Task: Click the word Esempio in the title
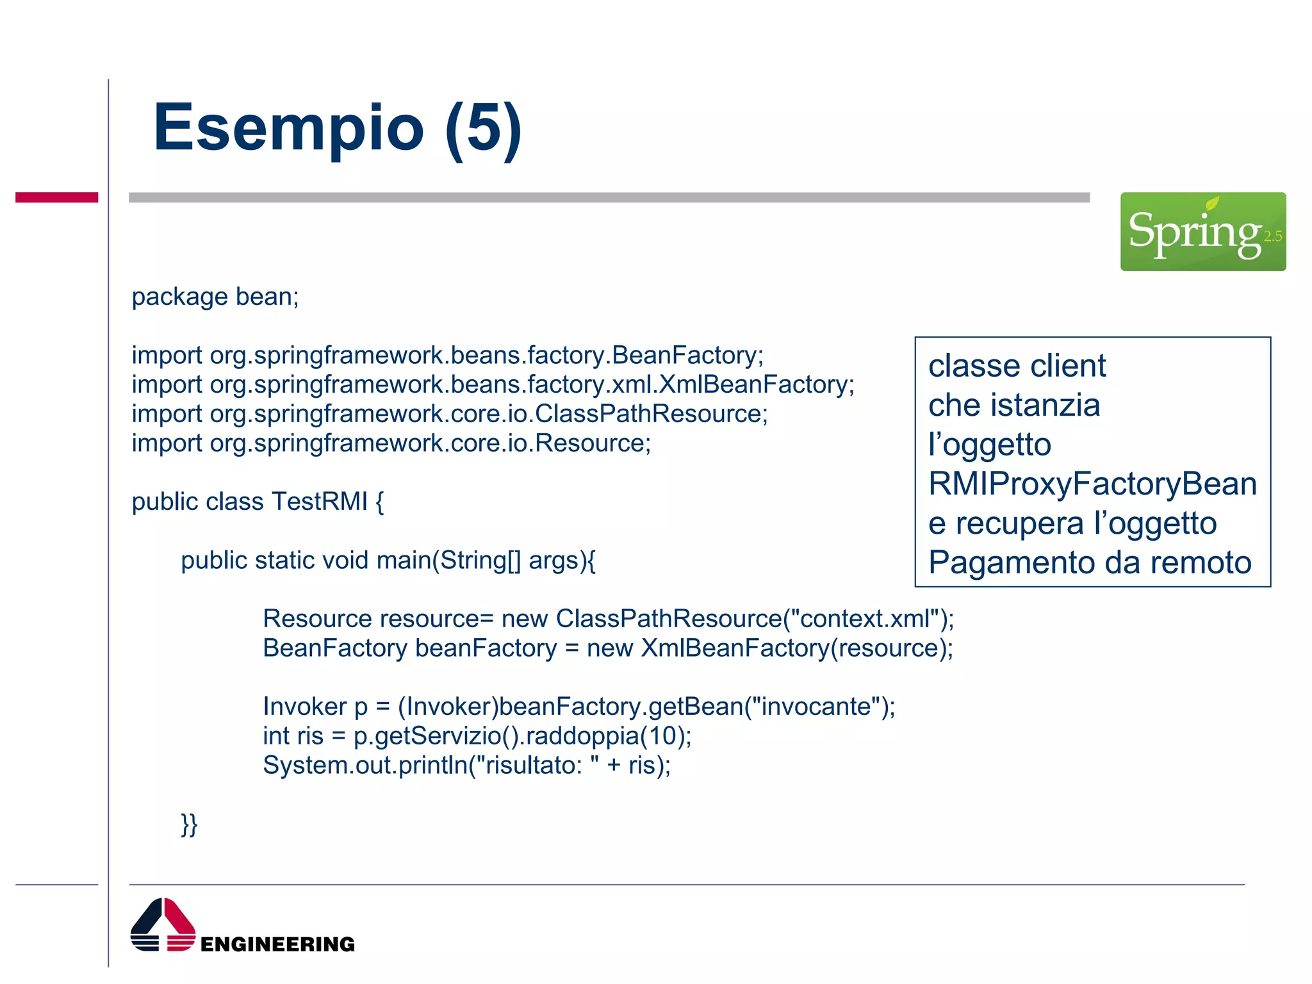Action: [288, 128]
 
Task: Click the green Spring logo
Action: [1202, 231]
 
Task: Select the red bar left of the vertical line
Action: [56, 197]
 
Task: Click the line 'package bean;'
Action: [215, 297]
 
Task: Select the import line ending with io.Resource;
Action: [391, 443]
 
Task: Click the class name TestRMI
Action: [319, 502]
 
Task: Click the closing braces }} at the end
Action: [189, 824]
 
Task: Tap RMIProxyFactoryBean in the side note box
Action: [1092, 484]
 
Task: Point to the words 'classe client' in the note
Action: [1017, 366]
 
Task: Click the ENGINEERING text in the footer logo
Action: [277, 944]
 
